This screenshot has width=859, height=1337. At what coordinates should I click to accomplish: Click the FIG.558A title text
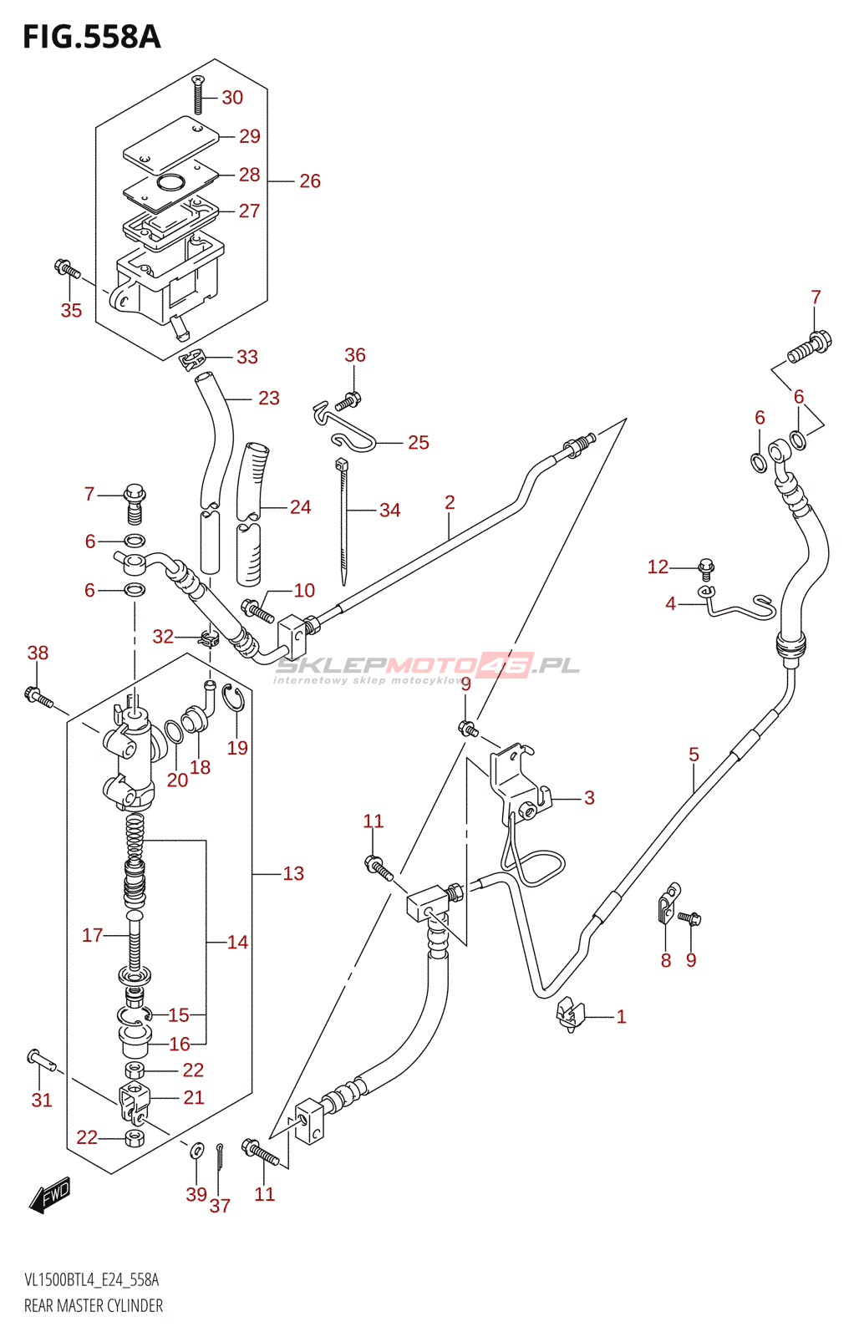(x=92, y=37)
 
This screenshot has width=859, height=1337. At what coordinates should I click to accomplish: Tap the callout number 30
(x=232, y=97)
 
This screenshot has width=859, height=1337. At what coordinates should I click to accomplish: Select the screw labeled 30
(x=198, y=94)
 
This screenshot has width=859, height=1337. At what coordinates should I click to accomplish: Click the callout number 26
(x=310, y=180)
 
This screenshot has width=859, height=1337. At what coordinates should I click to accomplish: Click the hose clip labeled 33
(x=192, y=359)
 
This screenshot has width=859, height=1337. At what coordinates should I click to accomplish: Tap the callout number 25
(x=419, y=442)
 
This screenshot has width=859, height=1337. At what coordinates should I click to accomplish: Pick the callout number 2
(x=450, y=502)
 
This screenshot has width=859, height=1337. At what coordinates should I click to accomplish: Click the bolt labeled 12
(x=705, y=568)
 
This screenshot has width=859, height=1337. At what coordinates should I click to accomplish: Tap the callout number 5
(x=694, y=755)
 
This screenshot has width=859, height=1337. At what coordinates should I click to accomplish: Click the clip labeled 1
(x=570, y=1016)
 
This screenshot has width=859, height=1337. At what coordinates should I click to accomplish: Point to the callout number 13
(x=293, y=874)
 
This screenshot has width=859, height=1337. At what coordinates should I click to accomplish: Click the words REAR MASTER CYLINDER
(x=93, y=1307)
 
